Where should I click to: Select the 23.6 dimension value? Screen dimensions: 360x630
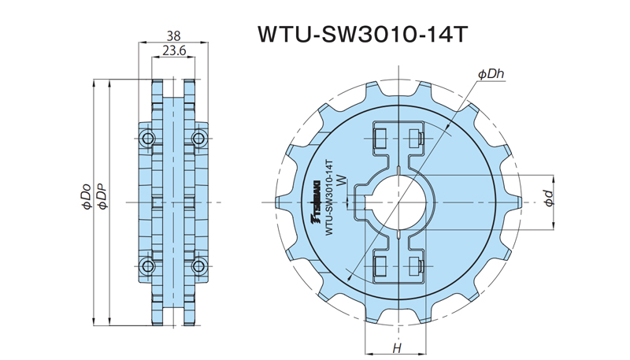coord(174,50)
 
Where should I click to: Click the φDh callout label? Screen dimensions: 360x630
coord(491,74)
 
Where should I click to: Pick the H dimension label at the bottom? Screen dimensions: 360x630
coord(398,348)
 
